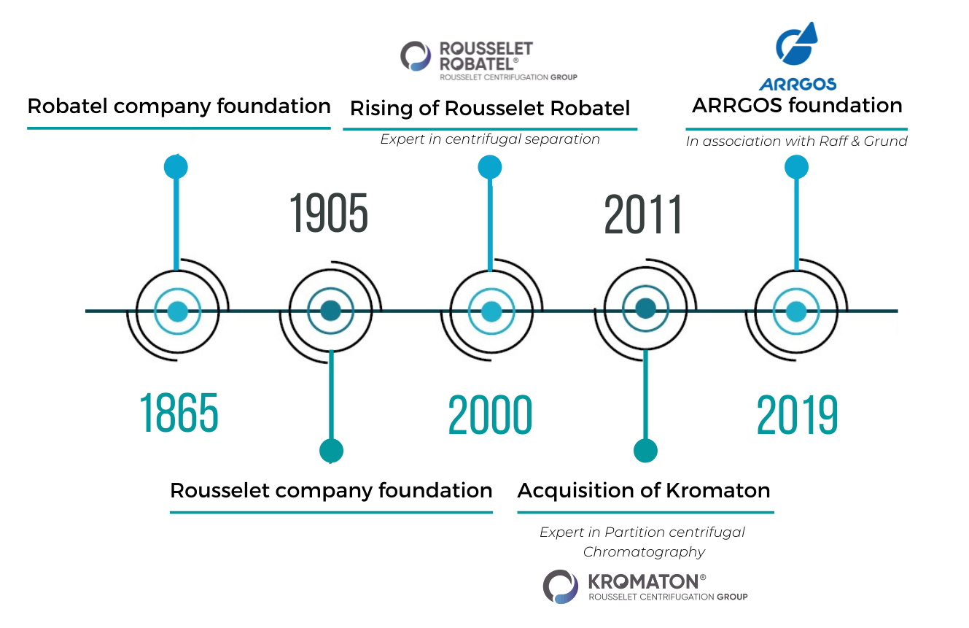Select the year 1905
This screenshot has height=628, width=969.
coord(329,213)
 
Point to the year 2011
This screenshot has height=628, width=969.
coord(643,214)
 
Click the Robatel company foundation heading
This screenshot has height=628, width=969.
coord(179,106)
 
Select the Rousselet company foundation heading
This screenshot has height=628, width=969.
coord(331,491)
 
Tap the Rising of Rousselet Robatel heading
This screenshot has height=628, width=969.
coord(490,108)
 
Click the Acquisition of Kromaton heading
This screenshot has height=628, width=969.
coord(644,491)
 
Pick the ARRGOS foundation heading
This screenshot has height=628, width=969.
coord(797,106)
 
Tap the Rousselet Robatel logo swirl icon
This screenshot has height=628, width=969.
coord(416,56)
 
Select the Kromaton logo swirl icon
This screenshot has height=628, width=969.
coord(561,587)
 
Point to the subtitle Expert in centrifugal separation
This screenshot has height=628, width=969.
coord(490,139)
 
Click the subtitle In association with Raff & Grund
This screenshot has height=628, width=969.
coord(796,142)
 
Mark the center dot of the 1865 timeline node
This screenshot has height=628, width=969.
coord(178,311)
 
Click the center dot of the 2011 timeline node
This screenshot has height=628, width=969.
coord(646,309)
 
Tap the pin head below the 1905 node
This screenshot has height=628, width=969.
coord(331,451)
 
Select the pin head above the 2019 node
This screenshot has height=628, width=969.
coord(796,167)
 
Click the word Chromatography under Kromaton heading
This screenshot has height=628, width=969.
coord(644,552)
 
